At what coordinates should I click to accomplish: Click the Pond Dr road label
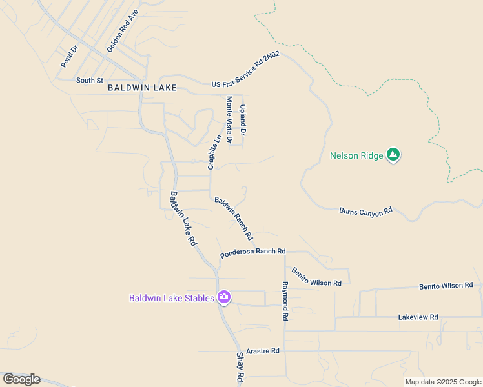click(69, 56)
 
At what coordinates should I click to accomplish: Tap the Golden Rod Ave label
click(123, 31)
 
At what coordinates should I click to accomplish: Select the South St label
click(90, 81)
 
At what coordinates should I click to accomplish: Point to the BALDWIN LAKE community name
click(142, 87)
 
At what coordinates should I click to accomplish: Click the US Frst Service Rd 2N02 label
click(246, 71)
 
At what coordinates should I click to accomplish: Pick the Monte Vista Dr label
click(229, 119)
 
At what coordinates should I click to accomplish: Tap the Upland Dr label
click(243, 120)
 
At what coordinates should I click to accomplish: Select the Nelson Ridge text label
click(356, 155)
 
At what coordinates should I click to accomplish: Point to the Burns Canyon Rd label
click(366, 210)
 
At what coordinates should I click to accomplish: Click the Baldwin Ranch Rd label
click(234, 219)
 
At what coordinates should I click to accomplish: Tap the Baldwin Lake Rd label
click(183, 218)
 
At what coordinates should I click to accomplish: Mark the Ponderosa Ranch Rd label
click(252, 252)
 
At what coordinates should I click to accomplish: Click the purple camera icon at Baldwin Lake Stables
click(224, 297)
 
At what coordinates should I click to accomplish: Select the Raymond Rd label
click(284, 301)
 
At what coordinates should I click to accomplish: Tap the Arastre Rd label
click(262, 351)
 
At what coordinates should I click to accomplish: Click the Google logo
click(22, 379)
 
